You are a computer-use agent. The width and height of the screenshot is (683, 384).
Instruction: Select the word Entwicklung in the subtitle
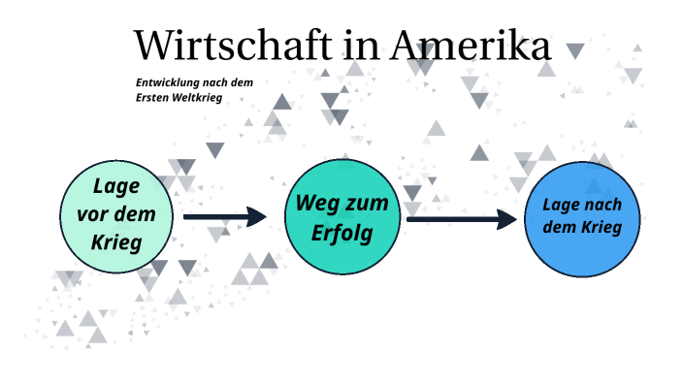[169, 82]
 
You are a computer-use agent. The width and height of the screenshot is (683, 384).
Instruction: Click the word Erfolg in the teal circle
[341, 234]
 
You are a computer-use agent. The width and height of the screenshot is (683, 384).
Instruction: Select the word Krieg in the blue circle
[602, 228]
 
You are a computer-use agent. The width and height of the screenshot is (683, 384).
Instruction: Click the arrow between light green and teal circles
[224, 217]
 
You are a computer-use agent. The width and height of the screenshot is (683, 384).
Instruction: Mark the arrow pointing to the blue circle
[462, 219]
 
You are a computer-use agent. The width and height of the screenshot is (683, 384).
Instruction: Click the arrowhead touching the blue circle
[506, 219]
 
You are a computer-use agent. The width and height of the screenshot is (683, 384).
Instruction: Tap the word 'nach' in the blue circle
[603, 206]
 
